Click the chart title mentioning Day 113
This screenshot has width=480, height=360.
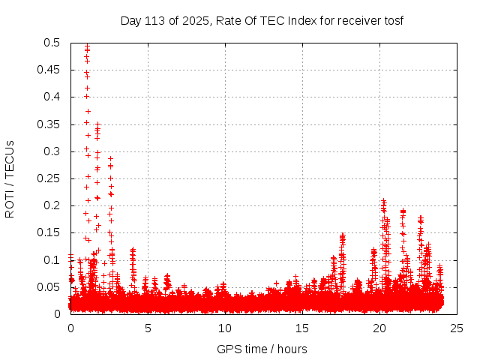[262, 20]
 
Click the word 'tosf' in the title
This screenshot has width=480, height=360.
[392, 20]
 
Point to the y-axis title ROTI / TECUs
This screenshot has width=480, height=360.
[10, 178]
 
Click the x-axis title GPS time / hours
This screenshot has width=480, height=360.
[262, 349]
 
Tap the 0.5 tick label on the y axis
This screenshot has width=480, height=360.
[52, 43]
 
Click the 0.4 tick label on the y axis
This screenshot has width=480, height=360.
[52, 97]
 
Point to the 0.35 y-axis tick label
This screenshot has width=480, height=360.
[49, 124]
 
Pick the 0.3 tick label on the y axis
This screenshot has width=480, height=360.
[52, 151]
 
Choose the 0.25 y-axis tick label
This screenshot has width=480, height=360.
[49, 178]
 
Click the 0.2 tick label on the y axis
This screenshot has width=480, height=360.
[52, 205]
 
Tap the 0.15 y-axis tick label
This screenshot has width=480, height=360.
[49, 232]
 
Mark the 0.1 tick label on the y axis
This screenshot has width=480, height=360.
[52, 259]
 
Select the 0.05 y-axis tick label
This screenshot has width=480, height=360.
[49, 287]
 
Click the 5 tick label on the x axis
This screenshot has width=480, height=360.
[148, 328]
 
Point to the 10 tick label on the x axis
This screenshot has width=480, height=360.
[225, 328]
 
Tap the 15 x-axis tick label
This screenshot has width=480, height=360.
[302, 328]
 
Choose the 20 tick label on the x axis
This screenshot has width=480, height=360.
[379, 328]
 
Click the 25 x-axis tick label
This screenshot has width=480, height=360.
[457, 328]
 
